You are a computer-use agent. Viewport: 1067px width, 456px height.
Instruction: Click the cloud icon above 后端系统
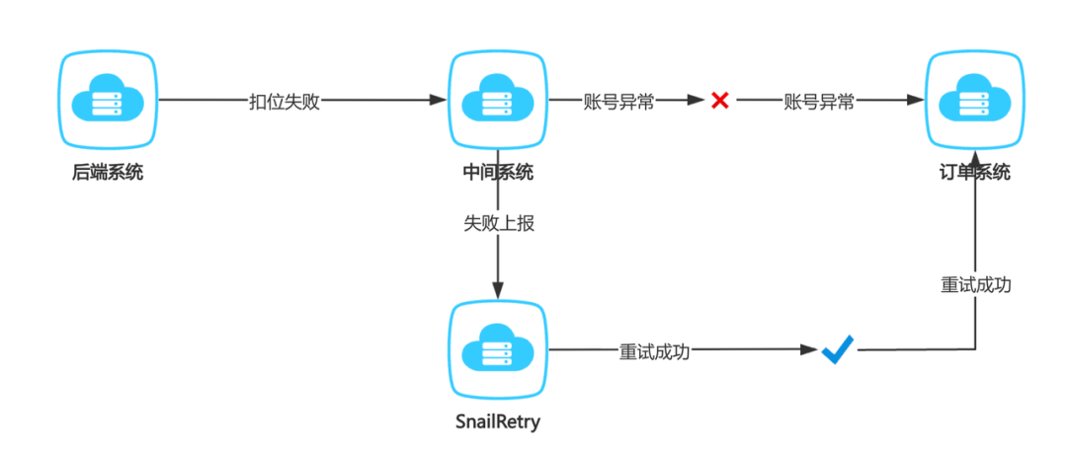108,100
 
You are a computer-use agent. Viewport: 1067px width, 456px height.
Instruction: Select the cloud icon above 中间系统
498,100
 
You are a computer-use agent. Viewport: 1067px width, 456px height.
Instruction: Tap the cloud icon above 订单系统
975,100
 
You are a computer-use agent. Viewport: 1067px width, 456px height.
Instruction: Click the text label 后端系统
108,173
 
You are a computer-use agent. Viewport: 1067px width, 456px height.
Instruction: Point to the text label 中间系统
498,173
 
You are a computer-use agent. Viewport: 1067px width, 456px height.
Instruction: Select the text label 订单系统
975,173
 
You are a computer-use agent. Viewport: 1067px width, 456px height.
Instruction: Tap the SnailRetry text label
498,422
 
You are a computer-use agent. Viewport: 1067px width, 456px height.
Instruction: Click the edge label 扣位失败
284,101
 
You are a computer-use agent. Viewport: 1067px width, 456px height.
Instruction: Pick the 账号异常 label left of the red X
618,101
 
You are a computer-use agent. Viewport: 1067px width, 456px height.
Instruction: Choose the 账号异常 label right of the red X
819,101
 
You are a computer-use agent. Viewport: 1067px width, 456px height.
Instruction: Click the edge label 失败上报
499,224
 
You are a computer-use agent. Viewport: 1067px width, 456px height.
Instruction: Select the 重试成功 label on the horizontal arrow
654,350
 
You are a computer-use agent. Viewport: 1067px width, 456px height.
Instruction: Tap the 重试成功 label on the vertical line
975,284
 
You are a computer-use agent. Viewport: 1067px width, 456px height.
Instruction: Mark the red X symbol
720,101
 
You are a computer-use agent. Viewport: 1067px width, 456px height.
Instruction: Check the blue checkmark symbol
837,349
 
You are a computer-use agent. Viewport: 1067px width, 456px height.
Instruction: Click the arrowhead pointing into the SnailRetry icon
498,291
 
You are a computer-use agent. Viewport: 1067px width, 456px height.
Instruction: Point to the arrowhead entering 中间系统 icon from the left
440,100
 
